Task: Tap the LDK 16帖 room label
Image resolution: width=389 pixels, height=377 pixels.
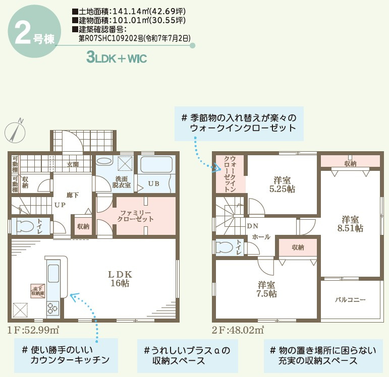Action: tap(120, 279)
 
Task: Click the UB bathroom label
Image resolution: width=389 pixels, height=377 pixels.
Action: tap(154, 184)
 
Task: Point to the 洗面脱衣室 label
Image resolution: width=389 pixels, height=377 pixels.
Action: tap(122, 182)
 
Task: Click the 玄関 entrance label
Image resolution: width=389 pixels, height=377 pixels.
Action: tap(73, 164)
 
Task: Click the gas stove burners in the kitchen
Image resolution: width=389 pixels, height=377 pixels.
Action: tap(53, 307)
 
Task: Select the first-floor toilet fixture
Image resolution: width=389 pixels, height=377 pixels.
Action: tap(24, 226)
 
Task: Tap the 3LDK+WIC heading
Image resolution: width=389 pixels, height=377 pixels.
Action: tap(117, 58)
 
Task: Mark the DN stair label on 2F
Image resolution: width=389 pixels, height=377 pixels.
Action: tap(253, 226)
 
